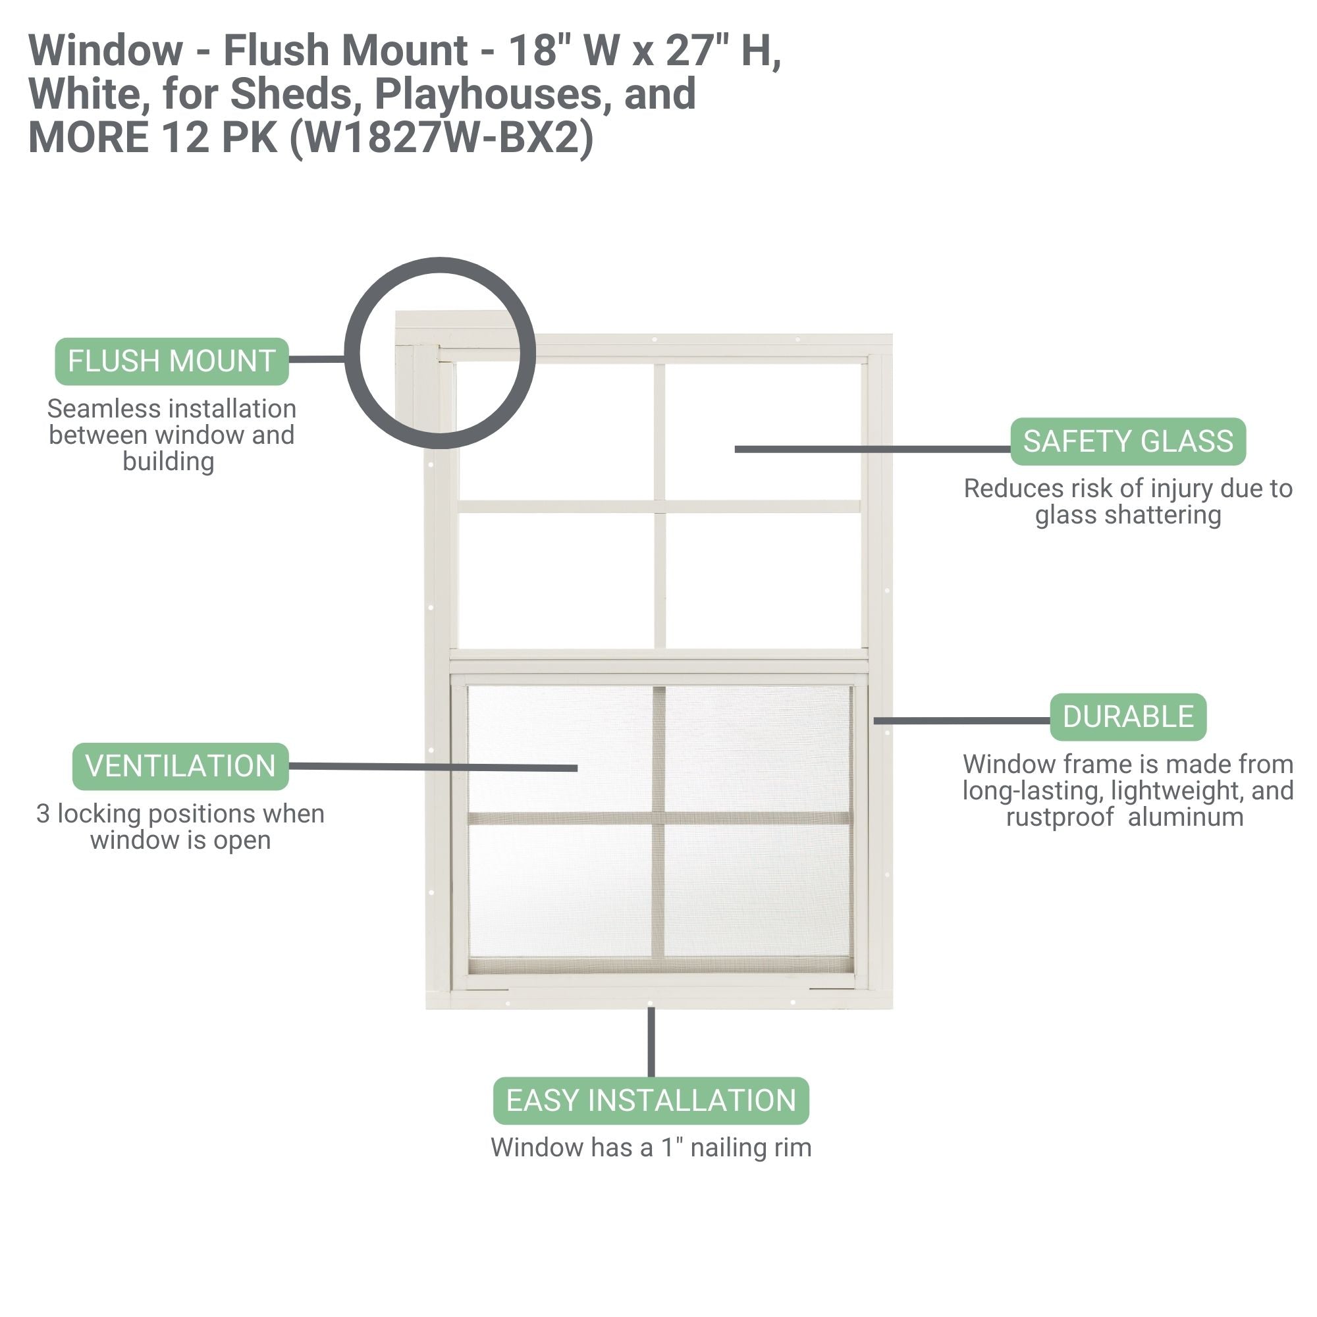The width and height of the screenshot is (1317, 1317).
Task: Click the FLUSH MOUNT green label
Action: (172, 362)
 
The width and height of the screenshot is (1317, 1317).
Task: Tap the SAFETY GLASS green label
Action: (1127, 442)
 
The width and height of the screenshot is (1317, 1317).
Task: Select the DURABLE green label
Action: (1127, 717)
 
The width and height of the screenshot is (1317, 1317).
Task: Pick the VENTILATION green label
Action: (180, 766)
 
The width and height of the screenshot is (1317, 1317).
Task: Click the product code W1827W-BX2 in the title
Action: (442, 138)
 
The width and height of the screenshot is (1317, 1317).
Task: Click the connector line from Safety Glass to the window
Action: (873, 449)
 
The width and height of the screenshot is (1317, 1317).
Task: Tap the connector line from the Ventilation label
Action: (433, 767)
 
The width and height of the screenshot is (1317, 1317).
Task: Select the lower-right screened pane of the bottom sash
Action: (757, 890)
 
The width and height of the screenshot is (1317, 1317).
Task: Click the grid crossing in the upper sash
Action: (659, 506)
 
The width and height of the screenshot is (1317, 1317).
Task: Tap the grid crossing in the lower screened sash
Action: (659, 818)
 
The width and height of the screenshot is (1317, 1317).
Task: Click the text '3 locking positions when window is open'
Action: (180, 827)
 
